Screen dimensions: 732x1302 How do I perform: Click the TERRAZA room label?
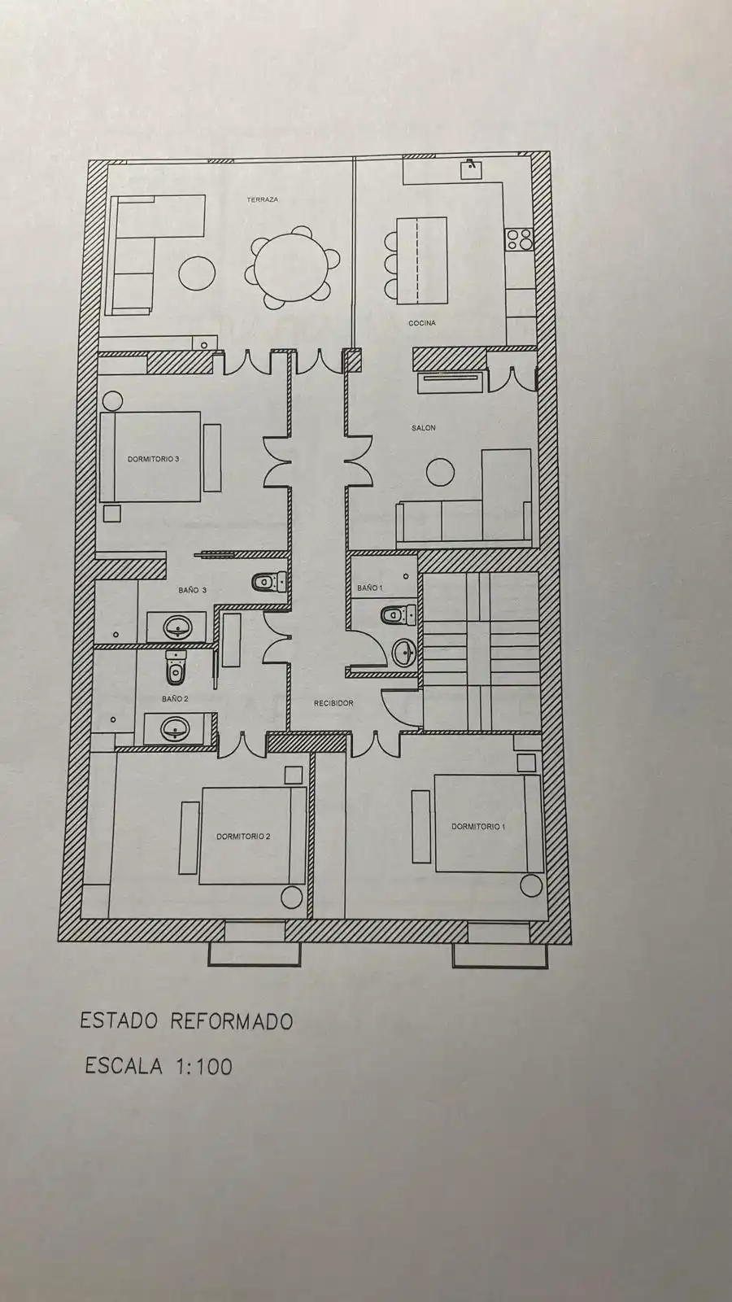point(263,199)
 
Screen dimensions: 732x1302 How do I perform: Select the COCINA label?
point(422,322)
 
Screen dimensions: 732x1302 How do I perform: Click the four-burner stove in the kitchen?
point(520,239)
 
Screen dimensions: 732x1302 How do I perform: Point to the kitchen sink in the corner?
point(471,170)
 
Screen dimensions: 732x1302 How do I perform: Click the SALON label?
point(424,428)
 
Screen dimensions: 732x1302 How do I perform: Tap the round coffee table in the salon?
point(440,473)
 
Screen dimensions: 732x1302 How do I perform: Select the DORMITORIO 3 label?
point(154,459)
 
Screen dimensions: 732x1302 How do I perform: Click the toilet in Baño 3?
point(269,581)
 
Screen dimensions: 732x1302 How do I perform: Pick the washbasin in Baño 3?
point(178,627)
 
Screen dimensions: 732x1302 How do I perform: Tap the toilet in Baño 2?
point(175,668)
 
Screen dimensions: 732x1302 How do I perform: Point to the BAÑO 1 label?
point(370,588)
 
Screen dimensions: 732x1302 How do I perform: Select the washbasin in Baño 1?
point(404,653)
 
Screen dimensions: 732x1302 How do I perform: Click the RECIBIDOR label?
point(333,703)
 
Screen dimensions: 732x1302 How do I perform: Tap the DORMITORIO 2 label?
point(243,837)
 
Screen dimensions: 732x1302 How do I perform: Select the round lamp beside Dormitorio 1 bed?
point(531,885)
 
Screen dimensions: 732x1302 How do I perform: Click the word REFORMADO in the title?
point(232,1021)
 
